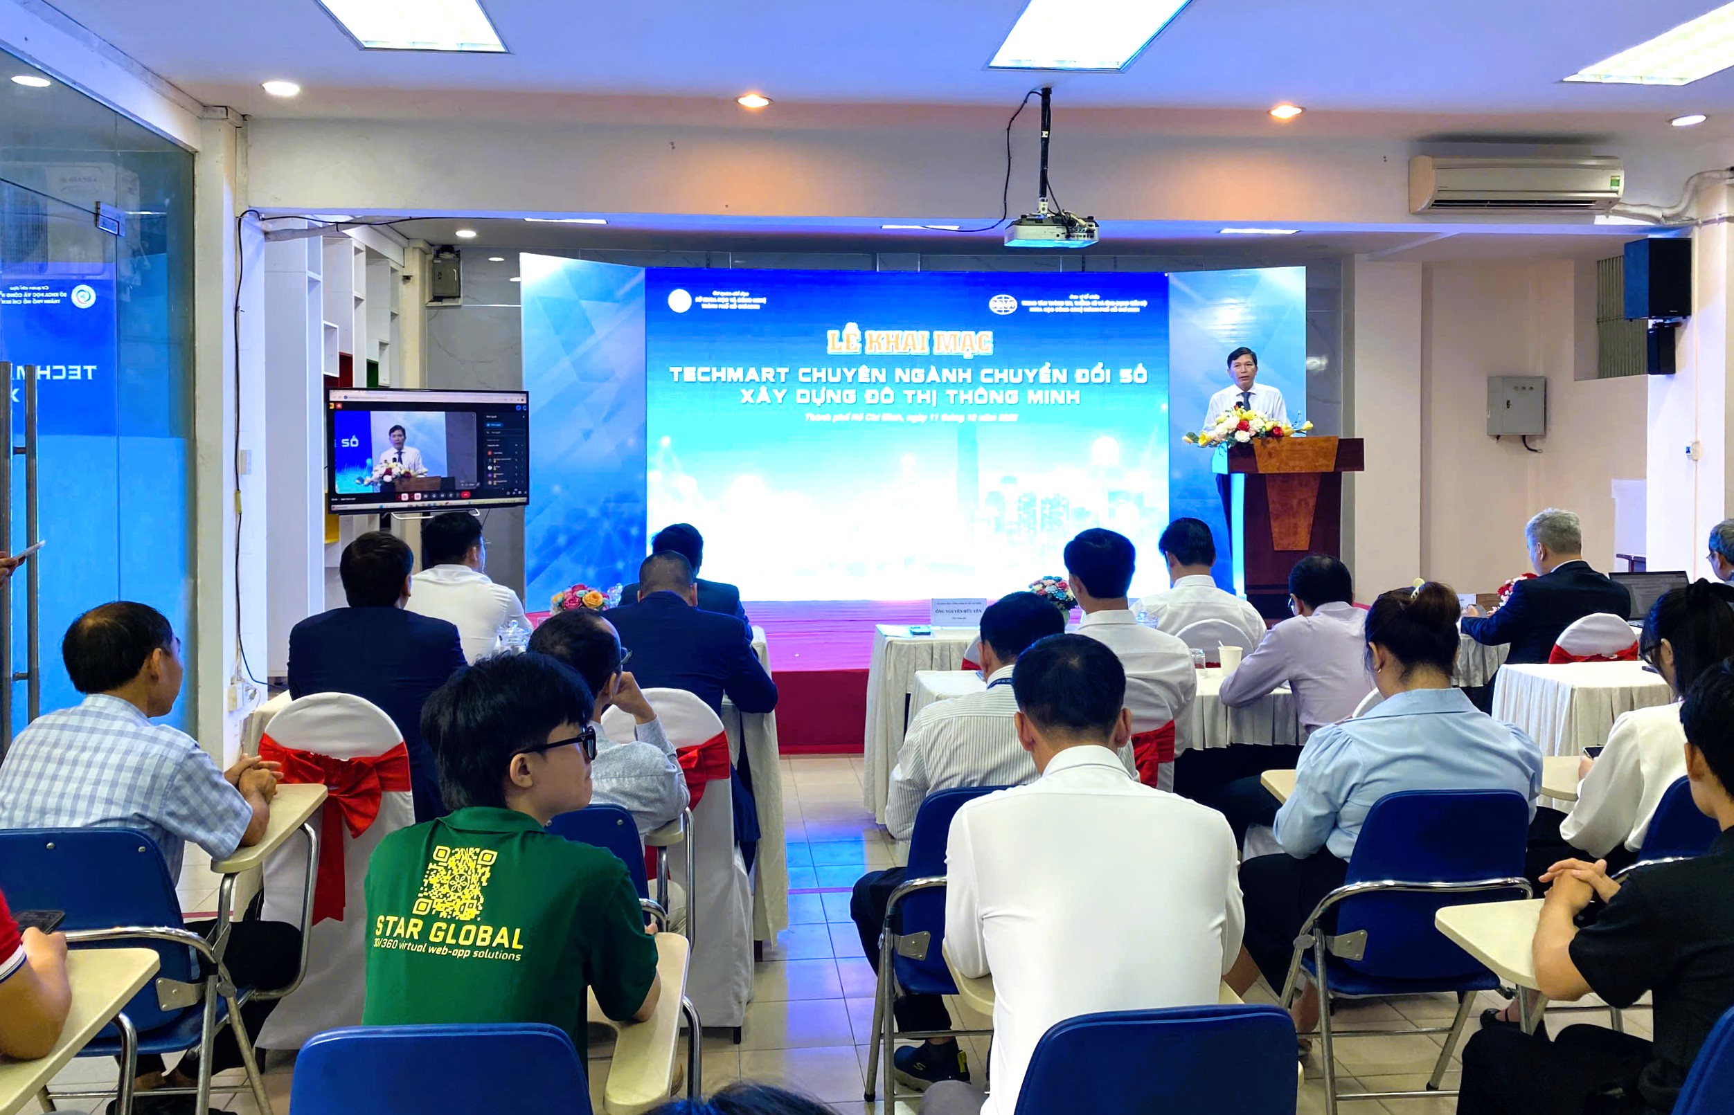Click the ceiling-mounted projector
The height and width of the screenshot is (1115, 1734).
[1050, 230]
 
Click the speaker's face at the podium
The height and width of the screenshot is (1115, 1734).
[1242, 368]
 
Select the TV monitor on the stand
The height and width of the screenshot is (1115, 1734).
[428, 451]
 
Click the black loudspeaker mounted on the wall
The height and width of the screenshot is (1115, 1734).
[1656, 278]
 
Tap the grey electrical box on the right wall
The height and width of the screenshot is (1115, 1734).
[1515, 406]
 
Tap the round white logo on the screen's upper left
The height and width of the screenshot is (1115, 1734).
[680, 301]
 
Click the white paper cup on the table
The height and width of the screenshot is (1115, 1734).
[1229, 658]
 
